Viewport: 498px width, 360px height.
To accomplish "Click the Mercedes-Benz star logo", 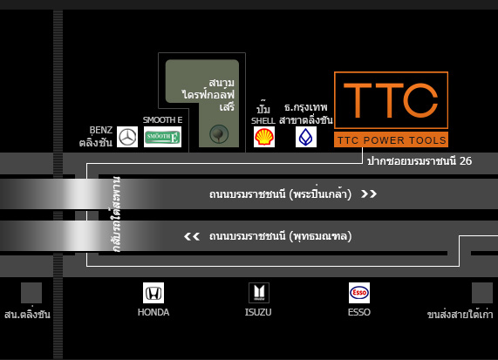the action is pos(127,137).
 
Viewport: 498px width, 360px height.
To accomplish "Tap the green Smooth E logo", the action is pos(162,137).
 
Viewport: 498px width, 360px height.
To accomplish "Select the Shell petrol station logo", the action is pos(264,137).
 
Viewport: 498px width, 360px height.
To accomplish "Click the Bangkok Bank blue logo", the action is pos(306,137).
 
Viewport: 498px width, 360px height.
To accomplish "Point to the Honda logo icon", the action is pos(153,293).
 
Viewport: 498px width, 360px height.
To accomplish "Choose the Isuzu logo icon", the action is pos(259,293).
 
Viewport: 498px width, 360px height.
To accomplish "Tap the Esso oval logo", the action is pos(359,293).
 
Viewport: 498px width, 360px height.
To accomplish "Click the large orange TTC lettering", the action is pos(391,100).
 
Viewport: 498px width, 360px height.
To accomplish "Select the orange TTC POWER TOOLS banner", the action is pos(391,139).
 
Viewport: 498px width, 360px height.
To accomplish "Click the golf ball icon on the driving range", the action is pos(219,134).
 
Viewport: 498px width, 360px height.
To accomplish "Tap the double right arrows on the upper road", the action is pos(369,194).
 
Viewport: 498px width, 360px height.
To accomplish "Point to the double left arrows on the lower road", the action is pos(192,236).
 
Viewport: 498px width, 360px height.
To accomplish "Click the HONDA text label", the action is pos(153,312).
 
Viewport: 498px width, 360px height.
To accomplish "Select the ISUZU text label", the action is pos(258,312).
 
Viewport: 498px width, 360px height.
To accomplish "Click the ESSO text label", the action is pos(359,312).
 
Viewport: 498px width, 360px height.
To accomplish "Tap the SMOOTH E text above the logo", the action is pos(162,120).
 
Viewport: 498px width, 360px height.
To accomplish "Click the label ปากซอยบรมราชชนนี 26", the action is pos(420,161).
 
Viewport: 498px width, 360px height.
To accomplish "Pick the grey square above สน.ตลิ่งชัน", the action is pos(31,293).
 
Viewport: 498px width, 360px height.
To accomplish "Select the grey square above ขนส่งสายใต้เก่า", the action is pos(482,293).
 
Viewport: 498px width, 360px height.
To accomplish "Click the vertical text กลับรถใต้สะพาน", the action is pos(116,214).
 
